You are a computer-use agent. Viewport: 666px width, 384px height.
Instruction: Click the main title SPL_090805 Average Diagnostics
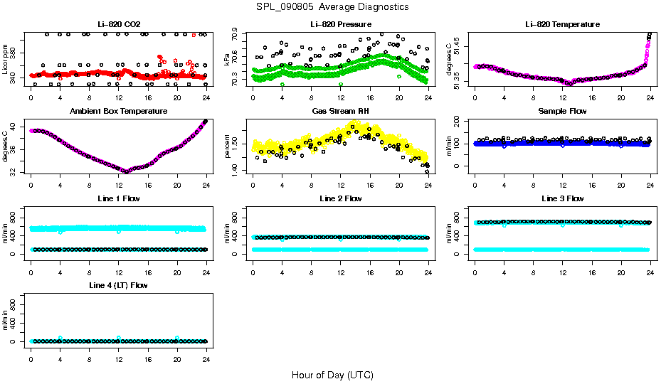click(333, 6)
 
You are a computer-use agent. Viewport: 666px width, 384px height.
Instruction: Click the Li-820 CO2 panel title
click(119, 25)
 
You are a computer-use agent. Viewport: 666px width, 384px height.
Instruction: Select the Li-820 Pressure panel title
click(341, 25)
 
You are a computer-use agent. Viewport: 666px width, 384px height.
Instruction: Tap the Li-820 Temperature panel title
click(562, 25)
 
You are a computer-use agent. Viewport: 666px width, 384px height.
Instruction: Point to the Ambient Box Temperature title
click(119, 112)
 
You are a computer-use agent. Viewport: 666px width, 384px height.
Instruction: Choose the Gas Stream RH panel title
click(341, 112)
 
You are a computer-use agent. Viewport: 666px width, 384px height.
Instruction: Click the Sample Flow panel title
click(562, 112)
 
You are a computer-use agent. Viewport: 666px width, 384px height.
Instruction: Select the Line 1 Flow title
click(119, 198)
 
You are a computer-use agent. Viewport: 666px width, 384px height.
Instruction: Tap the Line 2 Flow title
click(341, 198)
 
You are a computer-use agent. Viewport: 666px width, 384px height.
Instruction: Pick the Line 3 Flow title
click(562, 198)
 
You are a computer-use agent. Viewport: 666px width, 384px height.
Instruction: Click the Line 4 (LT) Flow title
click(119, 285)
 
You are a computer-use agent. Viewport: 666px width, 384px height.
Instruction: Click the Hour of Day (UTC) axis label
click(332, 375)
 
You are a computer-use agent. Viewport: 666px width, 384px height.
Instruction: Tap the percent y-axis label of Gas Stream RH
click(228, 146)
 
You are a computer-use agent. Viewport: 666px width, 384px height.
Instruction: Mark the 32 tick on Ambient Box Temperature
click(14, 171)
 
